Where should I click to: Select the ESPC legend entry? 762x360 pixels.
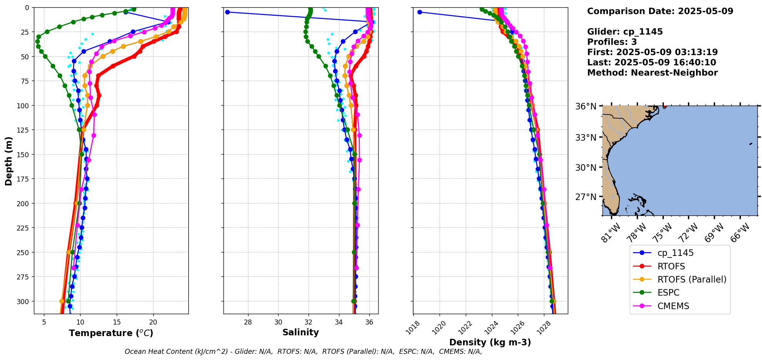pyautogui.click(x=668, y=293)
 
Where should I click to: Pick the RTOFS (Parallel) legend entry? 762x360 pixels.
pyautogui.click(x=692, y=279)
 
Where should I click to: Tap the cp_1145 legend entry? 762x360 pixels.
pyautogui.click(x=675, y=253)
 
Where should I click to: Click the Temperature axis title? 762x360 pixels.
pyautogui.click(x=111, y=333)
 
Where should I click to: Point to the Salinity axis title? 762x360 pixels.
pyautogui.click(x=300, y=332)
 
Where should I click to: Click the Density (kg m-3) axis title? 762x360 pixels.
pyautogui.click(x=490, y=342)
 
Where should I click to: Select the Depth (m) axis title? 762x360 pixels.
pyautogui.click(x=8, y=161)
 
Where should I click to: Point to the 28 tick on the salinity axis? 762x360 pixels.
pyautogui.click(x=248, y=322)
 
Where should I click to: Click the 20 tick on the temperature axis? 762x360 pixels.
pyautogui.click(x=153, y=322)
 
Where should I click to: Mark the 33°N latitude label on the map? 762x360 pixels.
pyautogui.click(x=586, y=138)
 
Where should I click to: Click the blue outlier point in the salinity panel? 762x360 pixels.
pyautogui.click(x=227, y=12)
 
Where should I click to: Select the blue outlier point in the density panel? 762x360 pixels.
pyautogui.click(x=420, y=12)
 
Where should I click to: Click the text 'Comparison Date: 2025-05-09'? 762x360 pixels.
pyautogui.click(x=660, y=11)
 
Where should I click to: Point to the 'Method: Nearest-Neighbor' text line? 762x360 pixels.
pyautogui.click(x=652, y=73)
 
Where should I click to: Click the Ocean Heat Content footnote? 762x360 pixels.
pyautogui.click(x=303, y=352)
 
